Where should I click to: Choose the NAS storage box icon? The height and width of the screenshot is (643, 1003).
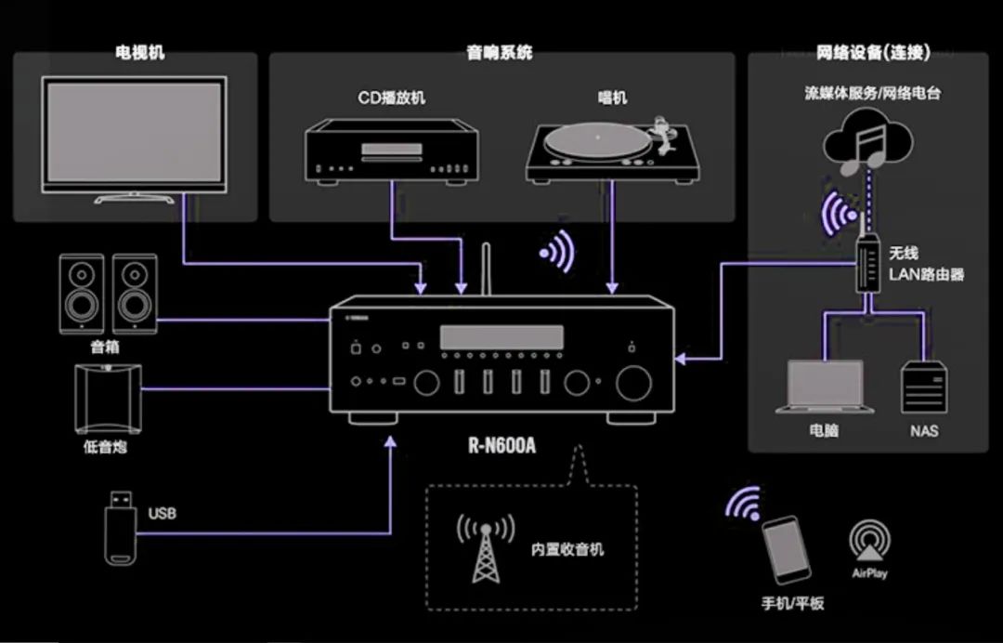tap(925, 388)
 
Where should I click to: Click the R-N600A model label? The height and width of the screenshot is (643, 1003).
tap(501, 445)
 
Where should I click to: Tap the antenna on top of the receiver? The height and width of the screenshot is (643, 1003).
tap(485, 270)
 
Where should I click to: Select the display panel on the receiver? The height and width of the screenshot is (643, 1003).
tap(502, 337)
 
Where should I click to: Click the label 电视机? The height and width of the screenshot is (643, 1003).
tap(140, 53)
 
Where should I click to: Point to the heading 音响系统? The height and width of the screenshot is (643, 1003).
tap(500, 53)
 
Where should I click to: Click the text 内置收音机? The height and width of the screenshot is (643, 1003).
tap(567, 549)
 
